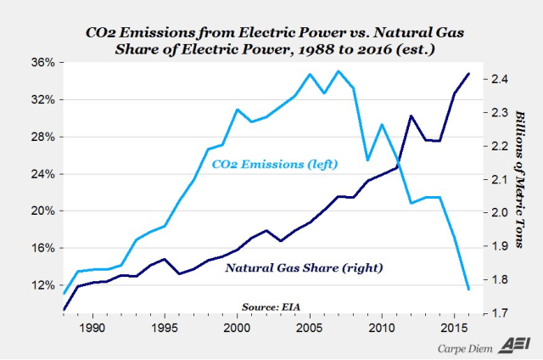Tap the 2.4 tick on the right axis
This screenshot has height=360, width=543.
coord(498,79)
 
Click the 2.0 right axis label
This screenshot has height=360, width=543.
coord(498,213)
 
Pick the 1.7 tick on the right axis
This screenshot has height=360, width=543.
coord(498,313)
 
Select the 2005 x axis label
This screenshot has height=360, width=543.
coord(310,327)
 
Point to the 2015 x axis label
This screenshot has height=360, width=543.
coord(454,327)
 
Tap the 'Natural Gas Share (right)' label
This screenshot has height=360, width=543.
coord(304,268)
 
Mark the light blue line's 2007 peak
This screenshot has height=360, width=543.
coord(339,70)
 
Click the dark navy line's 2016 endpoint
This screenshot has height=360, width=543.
coord(469,74)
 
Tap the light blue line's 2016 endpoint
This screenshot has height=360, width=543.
coord(469,290)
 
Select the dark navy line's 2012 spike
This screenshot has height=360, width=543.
coord(411,115)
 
